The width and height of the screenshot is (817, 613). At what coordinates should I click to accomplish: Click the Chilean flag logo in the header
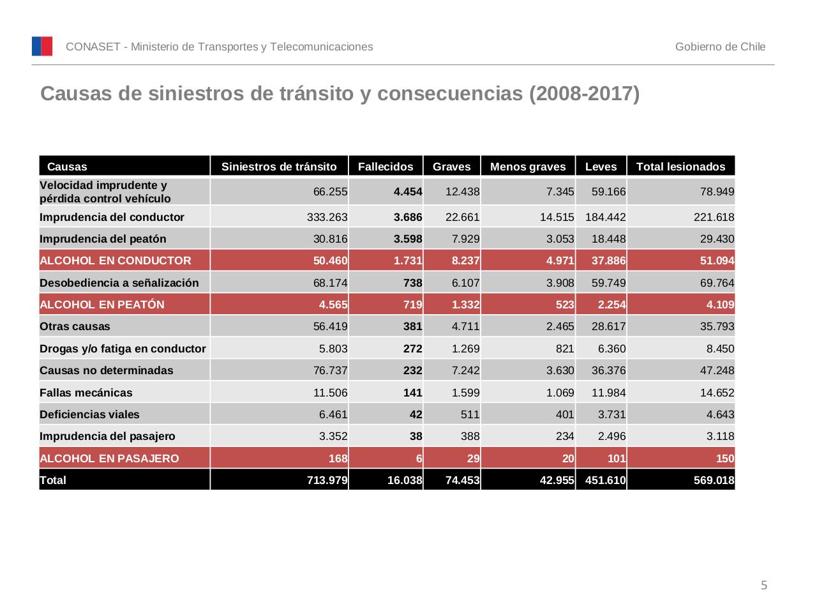pos(42,47)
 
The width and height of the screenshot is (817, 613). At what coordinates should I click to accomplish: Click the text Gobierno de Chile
pos(720,47)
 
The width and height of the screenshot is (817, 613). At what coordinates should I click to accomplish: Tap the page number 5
pos(764,586)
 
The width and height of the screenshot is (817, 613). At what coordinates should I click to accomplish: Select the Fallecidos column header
pos(386,167)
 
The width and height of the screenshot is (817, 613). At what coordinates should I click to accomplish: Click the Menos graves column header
pos(528,167)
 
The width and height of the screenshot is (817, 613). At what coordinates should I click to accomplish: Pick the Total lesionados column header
pos(680,167)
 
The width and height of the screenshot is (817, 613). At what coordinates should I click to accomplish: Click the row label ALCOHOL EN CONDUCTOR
pos(116,261)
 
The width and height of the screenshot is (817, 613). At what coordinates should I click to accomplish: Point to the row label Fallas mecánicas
pos(86,393)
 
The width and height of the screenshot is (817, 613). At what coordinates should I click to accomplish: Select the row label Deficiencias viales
pos(89,414)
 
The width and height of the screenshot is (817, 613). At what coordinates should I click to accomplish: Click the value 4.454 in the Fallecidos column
pos(408,192)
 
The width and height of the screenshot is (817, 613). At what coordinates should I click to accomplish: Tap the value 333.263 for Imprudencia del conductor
pos(327,217)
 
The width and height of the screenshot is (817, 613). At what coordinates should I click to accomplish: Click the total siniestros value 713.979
pos(327,480)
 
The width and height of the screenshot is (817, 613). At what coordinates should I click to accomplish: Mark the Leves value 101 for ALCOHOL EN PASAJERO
pos(617,458)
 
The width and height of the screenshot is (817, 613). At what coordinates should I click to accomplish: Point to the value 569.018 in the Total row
pos(714,480)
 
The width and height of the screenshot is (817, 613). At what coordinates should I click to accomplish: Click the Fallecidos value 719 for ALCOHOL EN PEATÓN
pos(413,305)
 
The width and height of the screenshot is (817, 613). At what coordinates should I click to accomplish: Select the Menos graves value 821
pos(564,349)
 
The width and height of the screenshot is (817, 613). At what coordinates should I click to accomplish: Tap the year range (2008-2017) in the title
pos(584,94)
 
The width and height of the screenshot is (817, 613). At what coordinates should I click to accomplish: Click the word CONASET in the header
pos(93,47)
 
